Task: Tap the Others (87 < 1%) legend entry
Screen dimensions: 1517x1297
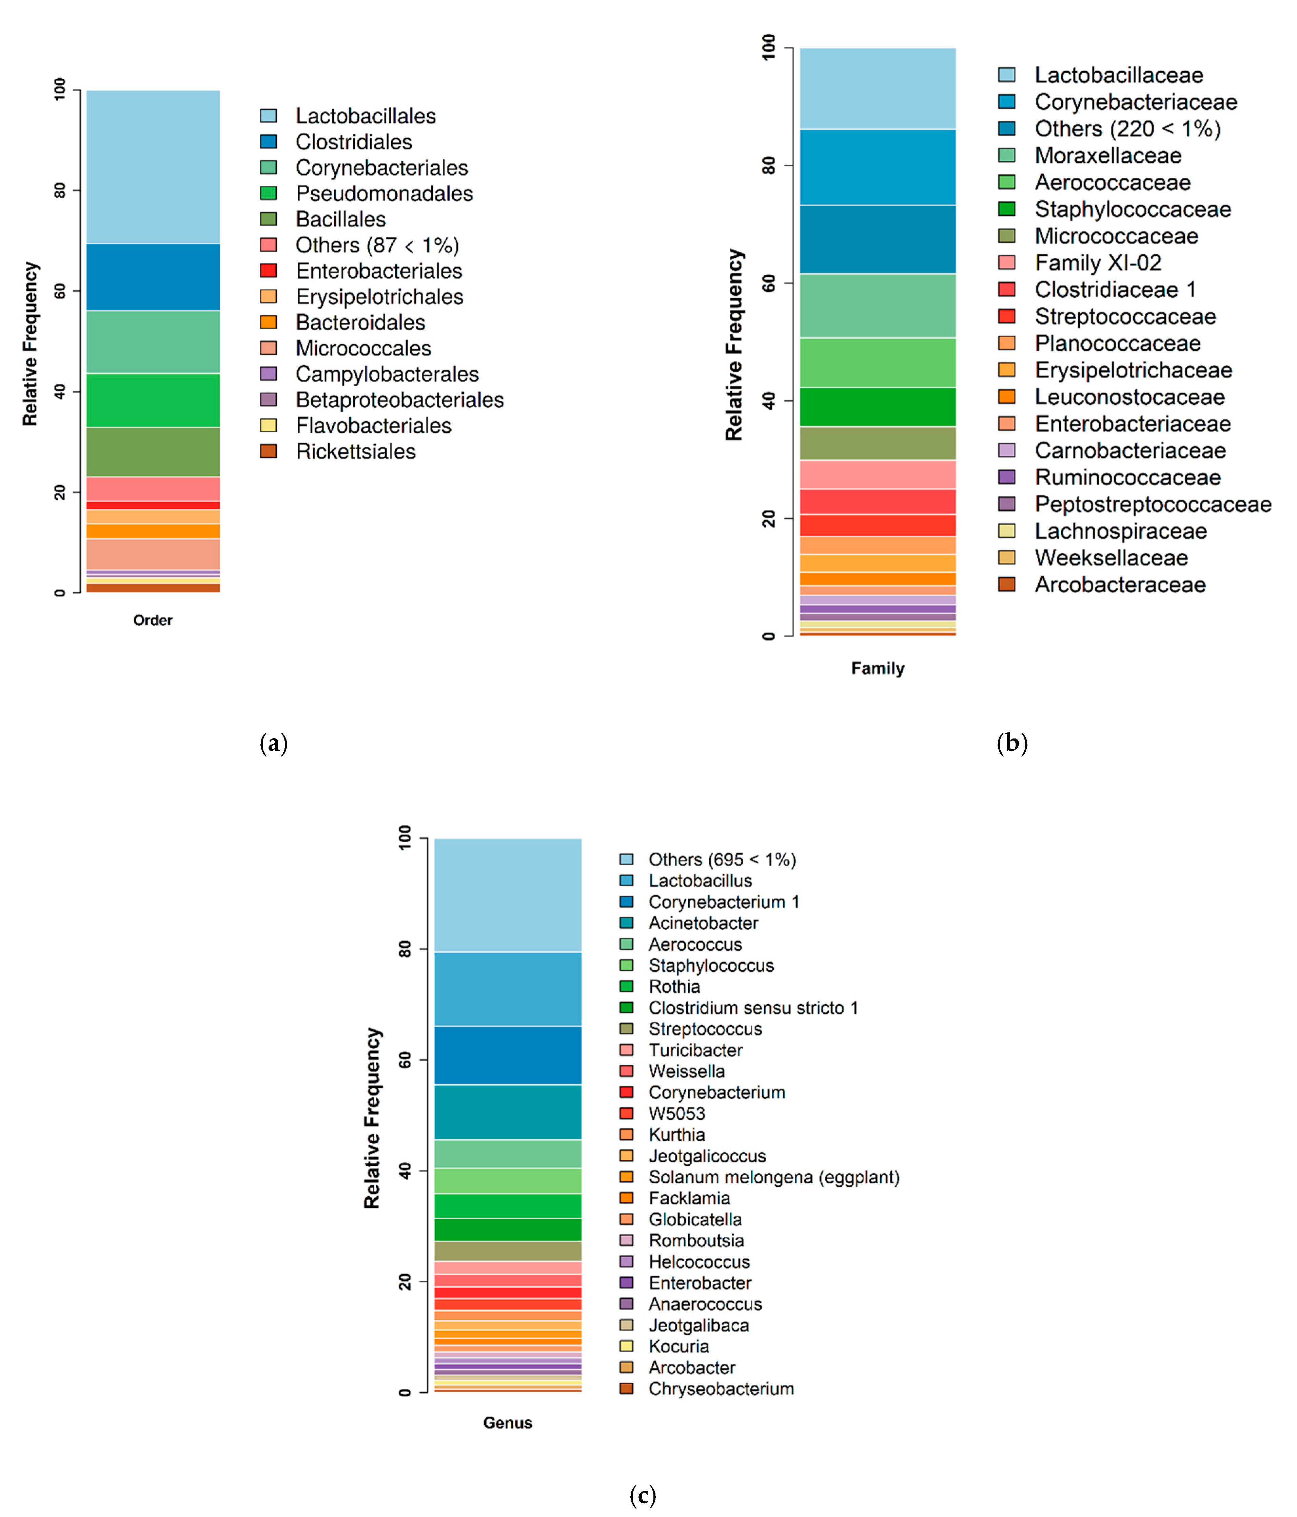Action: pyautogui.click(x=376, y=244)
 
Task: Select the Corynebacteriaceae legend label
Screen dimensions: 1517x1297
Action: pyautogui.click(x=1135, y=102)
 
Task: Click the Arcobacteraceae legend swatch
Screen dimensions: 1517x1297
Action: pyautogui.click(x=1007, y=584)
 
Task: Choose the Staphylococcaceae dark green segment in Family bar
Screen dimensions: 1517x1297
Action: pyautogui.click(x=877, y=406)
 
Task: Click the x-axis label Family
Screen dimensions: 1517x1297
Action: pyautogui.click(x=877, y=668)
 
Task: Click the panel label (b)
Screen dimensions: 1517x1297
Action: pyautogui.click(x=1012, y=743)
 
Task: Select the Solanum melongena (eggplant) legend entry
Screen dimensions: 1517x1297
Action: pyautogui.click(x=773, y=1177)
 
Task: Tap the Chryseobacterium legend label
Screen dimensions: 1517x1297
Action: pyautogui.click(x=721, y=1389)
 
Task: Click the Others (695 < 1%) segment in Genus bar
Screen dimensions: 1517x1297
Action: pyautogui.click(x=508, y=895)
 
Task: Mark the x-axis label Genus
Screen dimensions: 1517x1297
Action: pyautogui.click(x=508, y=1422)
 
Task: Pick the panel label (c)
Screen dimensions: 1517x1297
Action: pyautogui.click(x=642, y=1495)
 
